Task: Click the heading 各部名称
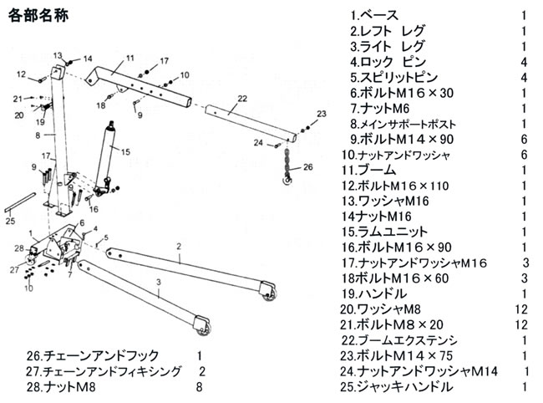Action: click(x=39, y=17)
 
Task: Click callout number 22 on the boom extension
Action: click(x=242, y=99)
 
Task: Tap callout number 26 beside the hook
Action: click(x=308, y=167)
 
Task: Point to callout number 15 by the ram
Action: click(x=126, y=151)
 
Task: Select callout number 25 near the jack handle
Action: click(x=10, y=222)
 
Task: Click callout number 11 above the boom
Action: click(x=130, y=58)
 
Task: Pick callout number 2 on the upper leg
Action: click(x=178, y=247)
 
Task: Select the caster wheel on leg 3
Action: click(x=200, y=324)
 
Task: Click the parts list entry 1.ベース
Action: click(x=374, y=16)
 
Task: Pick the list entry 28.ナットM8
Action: click(x=59, y=387)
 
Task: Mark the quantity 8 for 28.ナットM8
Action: click(x=199, y=387)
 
